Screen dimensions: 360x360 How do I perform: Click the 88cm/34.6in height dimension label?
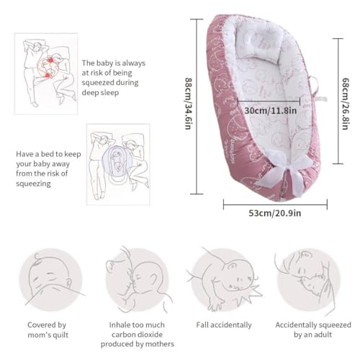188,104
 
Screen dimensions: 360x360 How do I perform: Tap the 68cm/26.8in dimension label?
346,104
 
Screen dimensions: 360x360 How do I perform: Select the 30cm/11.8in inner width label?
271,111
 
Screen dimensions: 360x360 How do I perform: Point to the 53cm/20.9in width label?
274,213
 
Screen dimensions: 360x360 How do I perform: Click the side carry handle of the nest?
315,85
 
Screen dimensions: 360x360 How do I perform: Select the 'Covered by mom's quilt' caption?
48,330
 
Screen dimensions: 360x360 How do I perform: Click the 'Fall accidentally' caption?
224,325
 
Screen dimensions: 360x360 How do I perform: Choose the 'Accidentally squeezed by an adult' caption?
313,330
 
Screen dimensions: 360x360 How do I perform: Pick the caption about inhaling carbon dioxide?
138,334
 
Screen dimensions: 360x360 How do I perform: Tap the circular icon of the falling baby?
223,279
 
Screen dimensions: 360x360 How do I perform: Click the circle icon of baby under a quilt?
51,279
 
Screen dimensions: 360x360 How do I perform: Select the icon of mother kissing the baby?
138,279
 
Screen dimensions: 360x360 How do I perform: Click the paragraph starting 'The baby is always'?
113,78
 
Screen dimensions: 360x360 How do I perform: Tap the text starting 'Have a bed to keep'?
48,168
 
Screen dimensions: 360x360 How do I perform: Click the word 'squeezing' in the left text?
33,184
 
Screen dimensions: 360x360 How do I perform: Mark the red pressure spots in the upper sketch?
49,68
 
